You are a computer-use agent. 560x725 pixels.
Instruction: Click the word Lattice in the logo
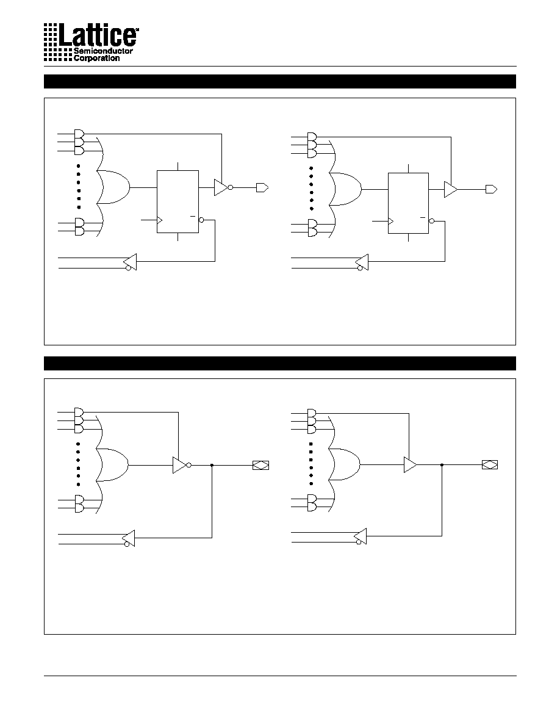[x=99, y=35]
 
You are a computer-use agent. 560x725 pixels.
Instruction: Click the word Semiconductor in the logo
[x=104, y=51]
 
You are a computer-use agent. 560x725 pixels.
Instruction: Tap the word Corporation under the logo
[x=96, y=58]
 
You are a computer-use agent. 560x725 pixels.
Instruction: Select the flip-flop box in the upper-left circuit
[x=178, y=201]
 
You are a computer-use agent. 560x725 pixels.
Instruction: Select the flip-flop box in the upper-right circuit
[x=408, y=203]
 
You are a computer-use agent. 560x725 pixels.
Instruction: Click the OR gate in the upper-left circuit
[x=113, y=187]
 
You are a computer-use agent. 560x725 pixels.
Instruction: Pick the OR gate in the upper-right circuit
[x=345, y=190]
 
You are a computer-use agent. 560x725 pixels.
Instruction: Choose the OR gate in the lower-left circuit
[x=112, y=464]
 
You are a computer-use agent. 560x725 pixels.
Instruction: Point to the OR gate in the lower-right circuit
[x=344, y=464]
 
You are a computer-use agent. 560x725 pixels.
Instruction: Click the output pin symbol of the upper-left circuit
[x=262, y=188]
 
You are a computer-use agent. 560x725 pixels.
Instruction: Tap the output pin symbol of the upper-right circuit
[x=491, y=189]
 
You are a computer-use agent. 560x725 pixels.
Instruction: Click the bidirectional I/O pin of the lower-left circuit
[x=260, y=465]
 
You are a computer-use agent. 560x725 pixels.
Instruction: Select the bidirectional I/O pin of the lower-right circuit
[x=490, y=464]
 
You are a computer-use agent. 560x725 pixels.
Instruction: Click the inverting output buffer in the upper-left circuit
[x=223, y=187]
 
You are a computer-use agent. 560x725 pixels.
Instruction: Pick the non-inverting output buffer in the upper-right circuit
[x=451, y=189]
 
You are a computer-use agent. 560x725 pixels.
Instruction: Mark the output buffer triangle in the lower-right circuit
[x=411, y=464]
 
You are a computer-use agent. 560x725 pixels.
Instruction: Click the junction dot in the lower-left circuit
[x=212, y=465]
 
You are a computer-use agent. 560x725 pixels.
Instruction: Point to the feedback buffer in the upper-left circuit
[x=131, y=262]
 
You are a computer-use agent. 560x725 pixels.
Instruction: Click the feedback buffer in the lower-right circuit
[x=361, y=536]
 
